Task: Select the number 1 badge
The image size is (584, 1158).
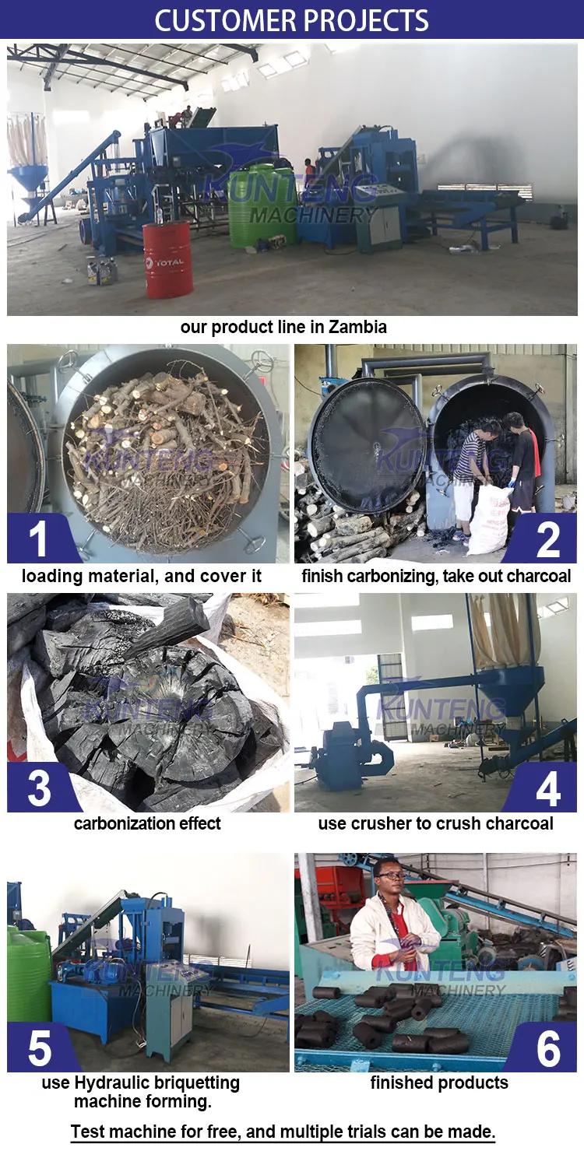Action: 37,539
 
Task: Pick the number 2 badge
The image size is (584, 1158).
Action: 547,539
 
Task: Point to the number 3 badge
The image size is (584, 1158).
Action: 38,788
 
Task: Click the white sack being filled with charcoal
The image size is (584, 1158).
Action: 489,520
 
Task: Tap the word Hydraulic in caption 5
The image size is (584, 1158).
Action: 113,1083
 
